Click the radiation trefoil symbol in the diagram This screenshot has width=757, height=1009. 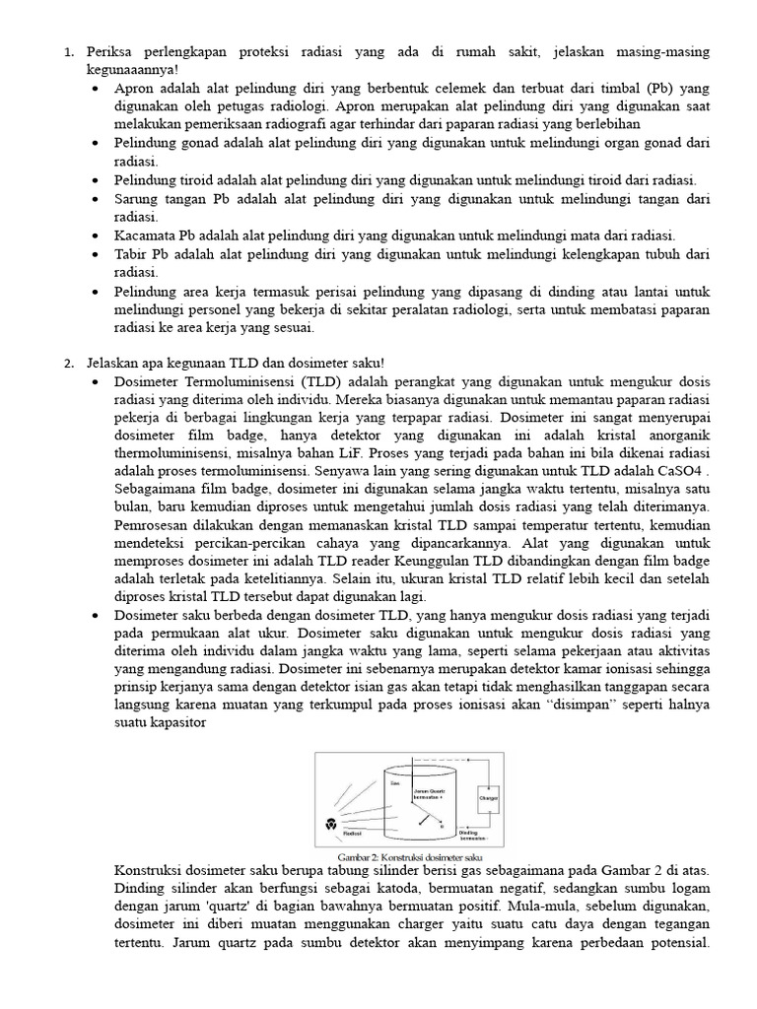point(329,822)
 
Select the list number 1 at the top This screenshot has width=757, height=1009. point(69,50)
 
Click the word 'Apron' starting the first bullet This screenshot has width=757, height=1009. point(134,87)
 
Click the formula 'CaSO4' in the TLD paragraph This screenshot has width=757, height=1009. point(686,470)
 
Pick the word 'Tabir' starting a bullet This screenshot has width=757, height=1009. point(132,254)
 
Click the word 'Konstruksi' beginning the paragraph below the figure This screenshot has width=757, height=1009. point(149,873)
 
